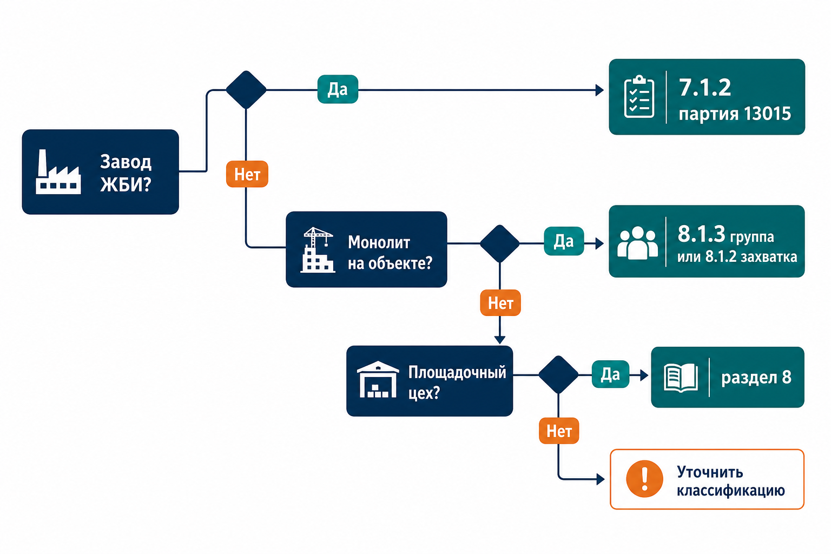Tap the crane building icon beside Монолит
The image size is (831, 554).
[318, 250]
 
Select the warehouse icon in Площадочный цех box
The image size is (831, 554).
[378, 379]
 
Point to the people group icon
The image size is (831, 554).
[637, 243]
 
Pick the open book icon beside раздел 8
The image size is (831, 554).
[681, 378]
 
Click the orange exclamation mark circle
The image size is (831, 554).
[644, 479]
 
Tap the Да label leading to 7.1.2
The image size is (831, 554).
[338, 89]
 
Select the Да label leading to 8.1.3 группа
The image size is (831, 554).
[564, 241]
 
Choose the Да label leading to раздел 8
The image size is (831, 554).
[610, 374]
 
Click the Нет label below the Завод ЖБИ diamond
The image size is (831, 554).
[247, 174]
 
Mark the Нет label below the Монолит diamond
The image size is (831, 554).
[500, 303]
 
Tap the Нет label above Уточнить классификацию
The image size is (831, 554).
[559, 431]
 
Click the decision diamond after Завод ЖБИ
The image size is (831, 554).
[246, 90]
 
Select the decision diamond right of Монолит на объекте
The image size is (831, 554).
[500, 243]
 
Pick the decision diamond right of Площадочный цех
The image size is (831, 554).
[558, 374]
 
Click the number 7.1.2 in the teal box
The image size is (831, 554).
[704, 88]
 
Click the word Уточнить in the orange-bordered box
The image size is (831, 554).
[710, 472]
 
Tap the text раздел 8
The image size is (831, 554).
[756, 378]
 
